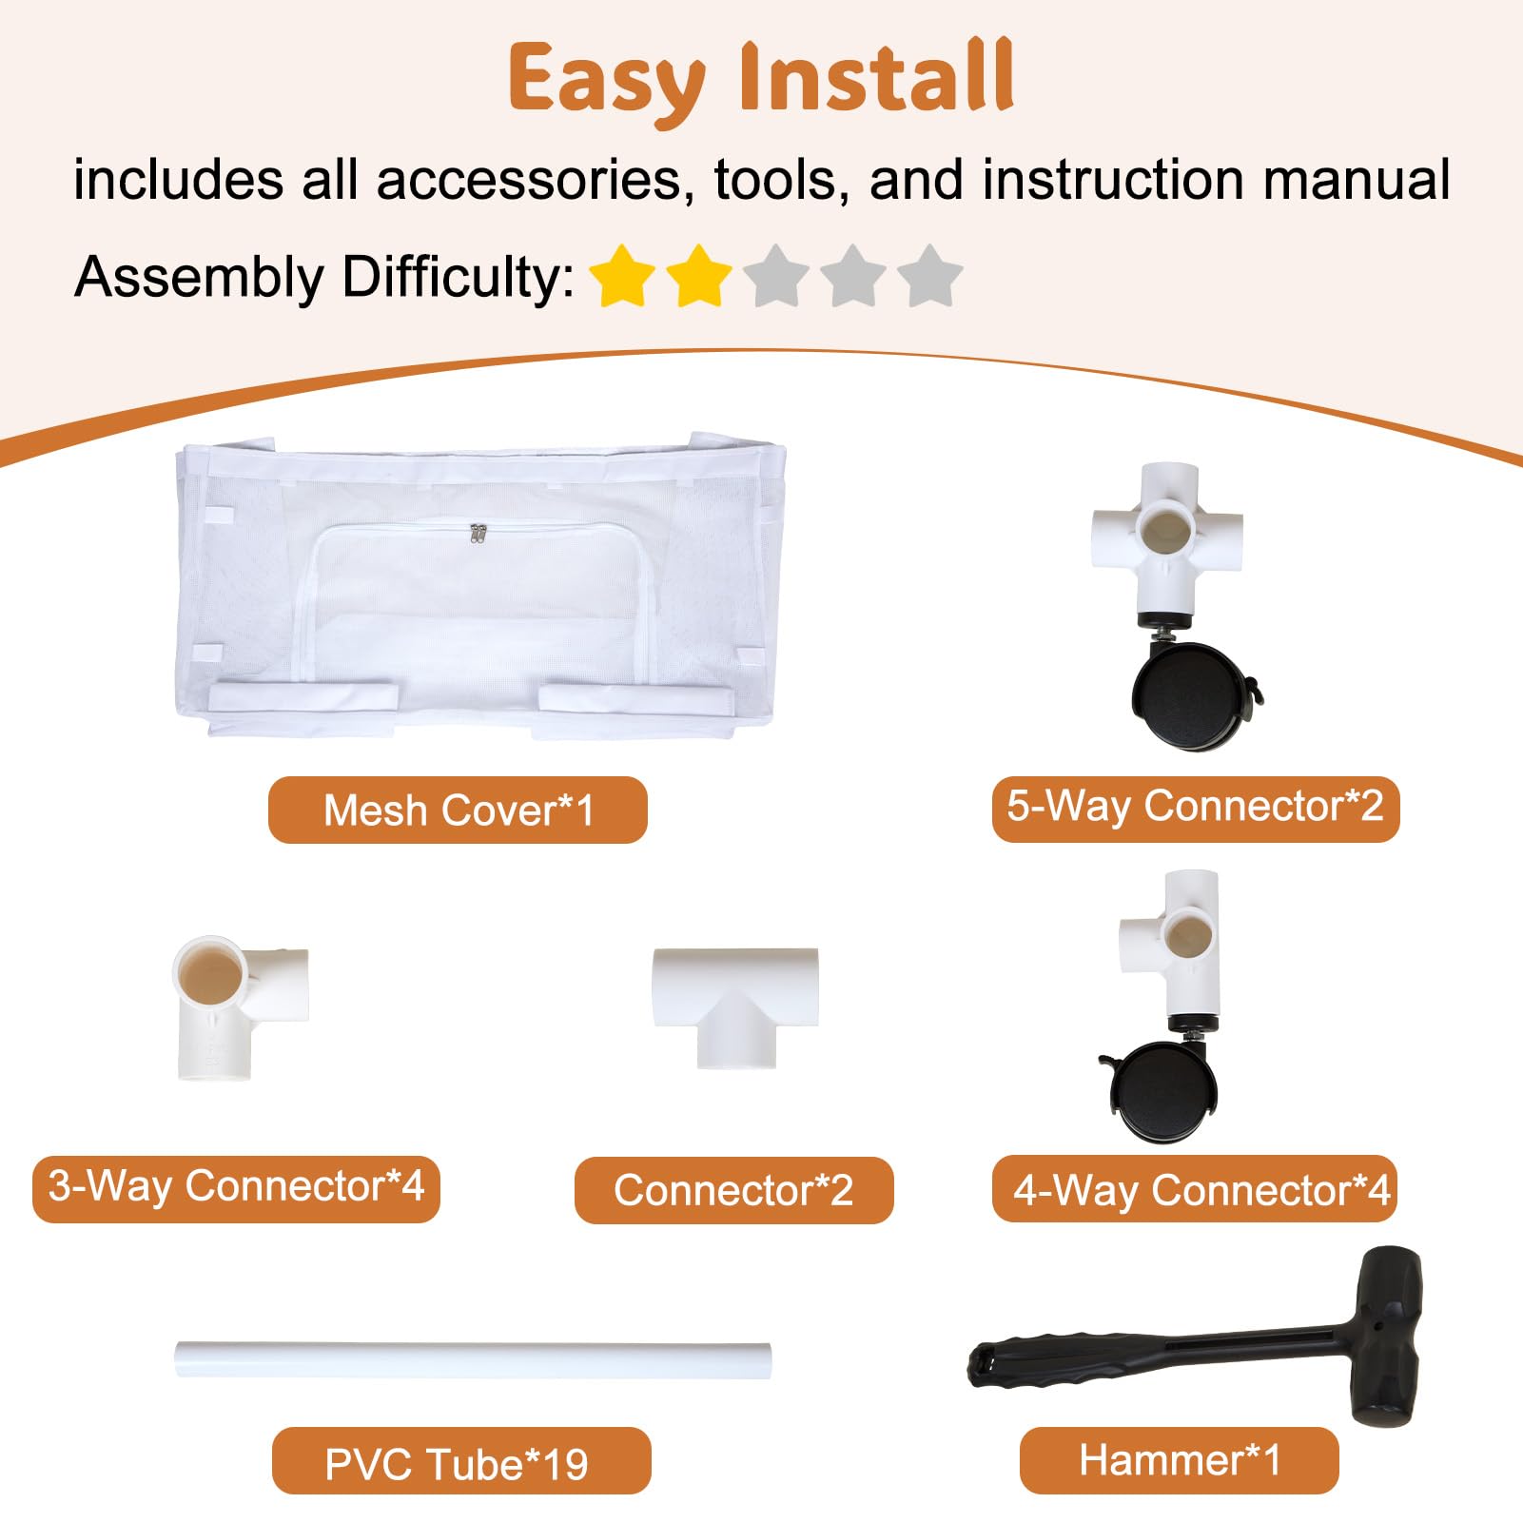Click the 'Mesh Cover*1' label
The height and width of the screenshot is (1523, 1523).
[458, 810]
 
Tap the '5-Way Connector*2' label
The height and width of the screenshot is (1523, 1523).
[1196, 807]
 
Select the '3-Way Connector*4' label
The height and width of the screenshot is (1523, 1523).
[236, 1187]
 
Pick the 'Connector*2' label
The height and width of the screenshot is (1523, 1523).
[733, 1190]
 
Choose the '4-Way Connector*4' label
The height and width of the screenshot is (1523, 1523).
[1195, 1189]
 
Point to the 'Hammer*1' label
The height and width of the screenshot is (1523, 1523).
[1180, 1460]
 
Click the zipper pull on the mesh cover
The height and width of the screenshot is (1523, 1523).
[475, 535]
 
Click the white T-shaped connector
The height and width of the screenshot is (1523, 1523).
[735, 1006]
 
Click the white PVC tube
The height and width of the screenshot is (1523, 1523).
[473, 1359]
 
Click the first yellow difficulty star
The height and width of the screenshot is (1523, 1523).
[622, 277]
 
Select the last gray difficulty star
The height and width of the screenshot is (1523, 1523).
[929, 277]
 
